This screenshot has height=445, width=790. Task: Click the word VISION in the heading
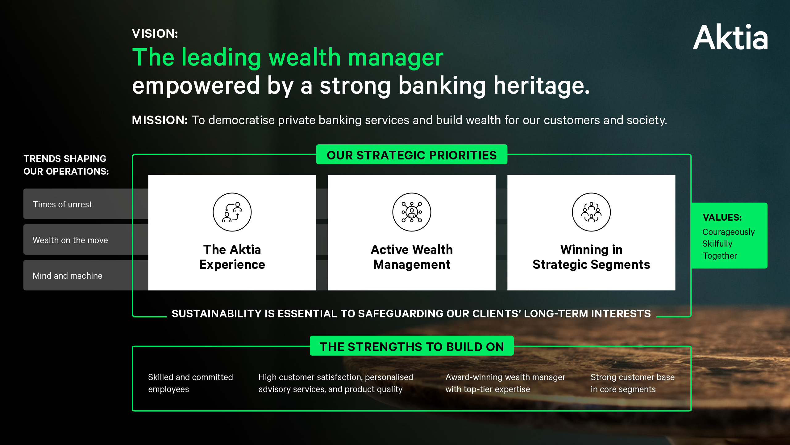point(153,33)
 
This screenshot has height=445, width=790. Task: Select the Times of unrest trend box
point(86,204)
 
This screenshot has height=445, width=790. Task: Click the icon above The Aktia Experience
point(232,212)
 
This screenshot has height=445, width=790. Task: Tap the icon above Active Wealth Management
point(412,212)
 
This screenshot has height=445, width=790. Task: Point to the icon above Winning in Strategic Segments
point(591,212)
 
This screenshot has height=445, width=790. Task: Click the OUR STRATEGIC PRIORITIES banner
point(412,155)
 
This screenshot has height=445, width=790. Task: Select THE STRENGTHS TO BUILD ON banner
point(412,346)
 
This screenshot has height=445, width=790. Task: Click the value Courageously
point(728,232)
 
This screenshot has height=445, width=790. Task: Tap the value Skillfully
point(717,244)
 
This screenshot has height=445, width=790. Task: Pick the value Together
point(720,256)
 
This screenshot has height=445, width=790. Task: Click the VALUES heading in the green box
point(722,217)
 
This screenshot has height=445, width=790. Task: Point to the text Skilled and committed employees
point(190,383)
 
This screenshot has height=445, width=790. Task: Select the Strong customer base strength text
point(633,383)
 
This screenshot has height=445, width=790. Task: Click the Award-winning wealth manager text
point(505,383)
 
